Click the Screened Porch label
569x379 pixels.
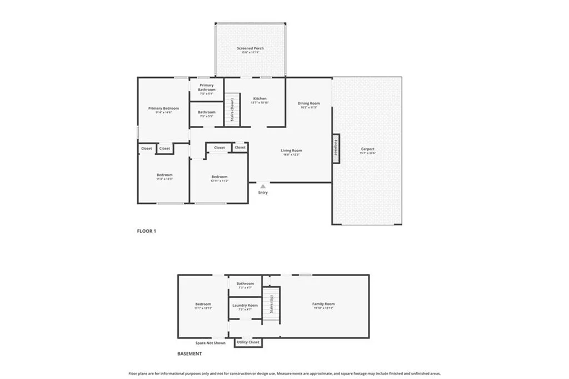250,48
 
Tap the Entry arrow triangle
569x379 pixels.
263,186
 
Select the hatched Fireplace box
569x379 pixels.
336,149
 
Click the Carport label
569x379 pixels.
367,149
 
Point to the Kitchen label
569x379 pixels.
259,99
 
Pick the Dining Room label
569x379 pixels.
309,103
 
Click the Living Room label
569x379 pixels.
291,151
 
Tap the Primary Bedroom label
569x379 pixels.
163,109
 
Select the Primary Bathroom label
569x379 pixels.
207,87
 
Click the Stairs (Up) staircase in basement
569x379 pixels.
271,305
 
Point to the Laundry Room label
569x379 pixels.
245,306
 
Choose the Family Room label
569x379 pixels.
323,304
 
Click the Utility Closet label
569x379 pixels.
248,342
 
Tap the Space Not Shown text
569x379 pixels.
210,343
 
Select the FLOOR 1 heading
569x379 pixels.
147,231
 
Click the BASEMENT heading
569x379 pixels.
189,353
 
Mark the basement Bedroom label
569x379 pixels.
203,304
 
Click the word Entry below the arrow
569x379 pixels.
263,193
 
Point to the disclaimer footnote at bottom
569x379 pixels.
284,373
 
